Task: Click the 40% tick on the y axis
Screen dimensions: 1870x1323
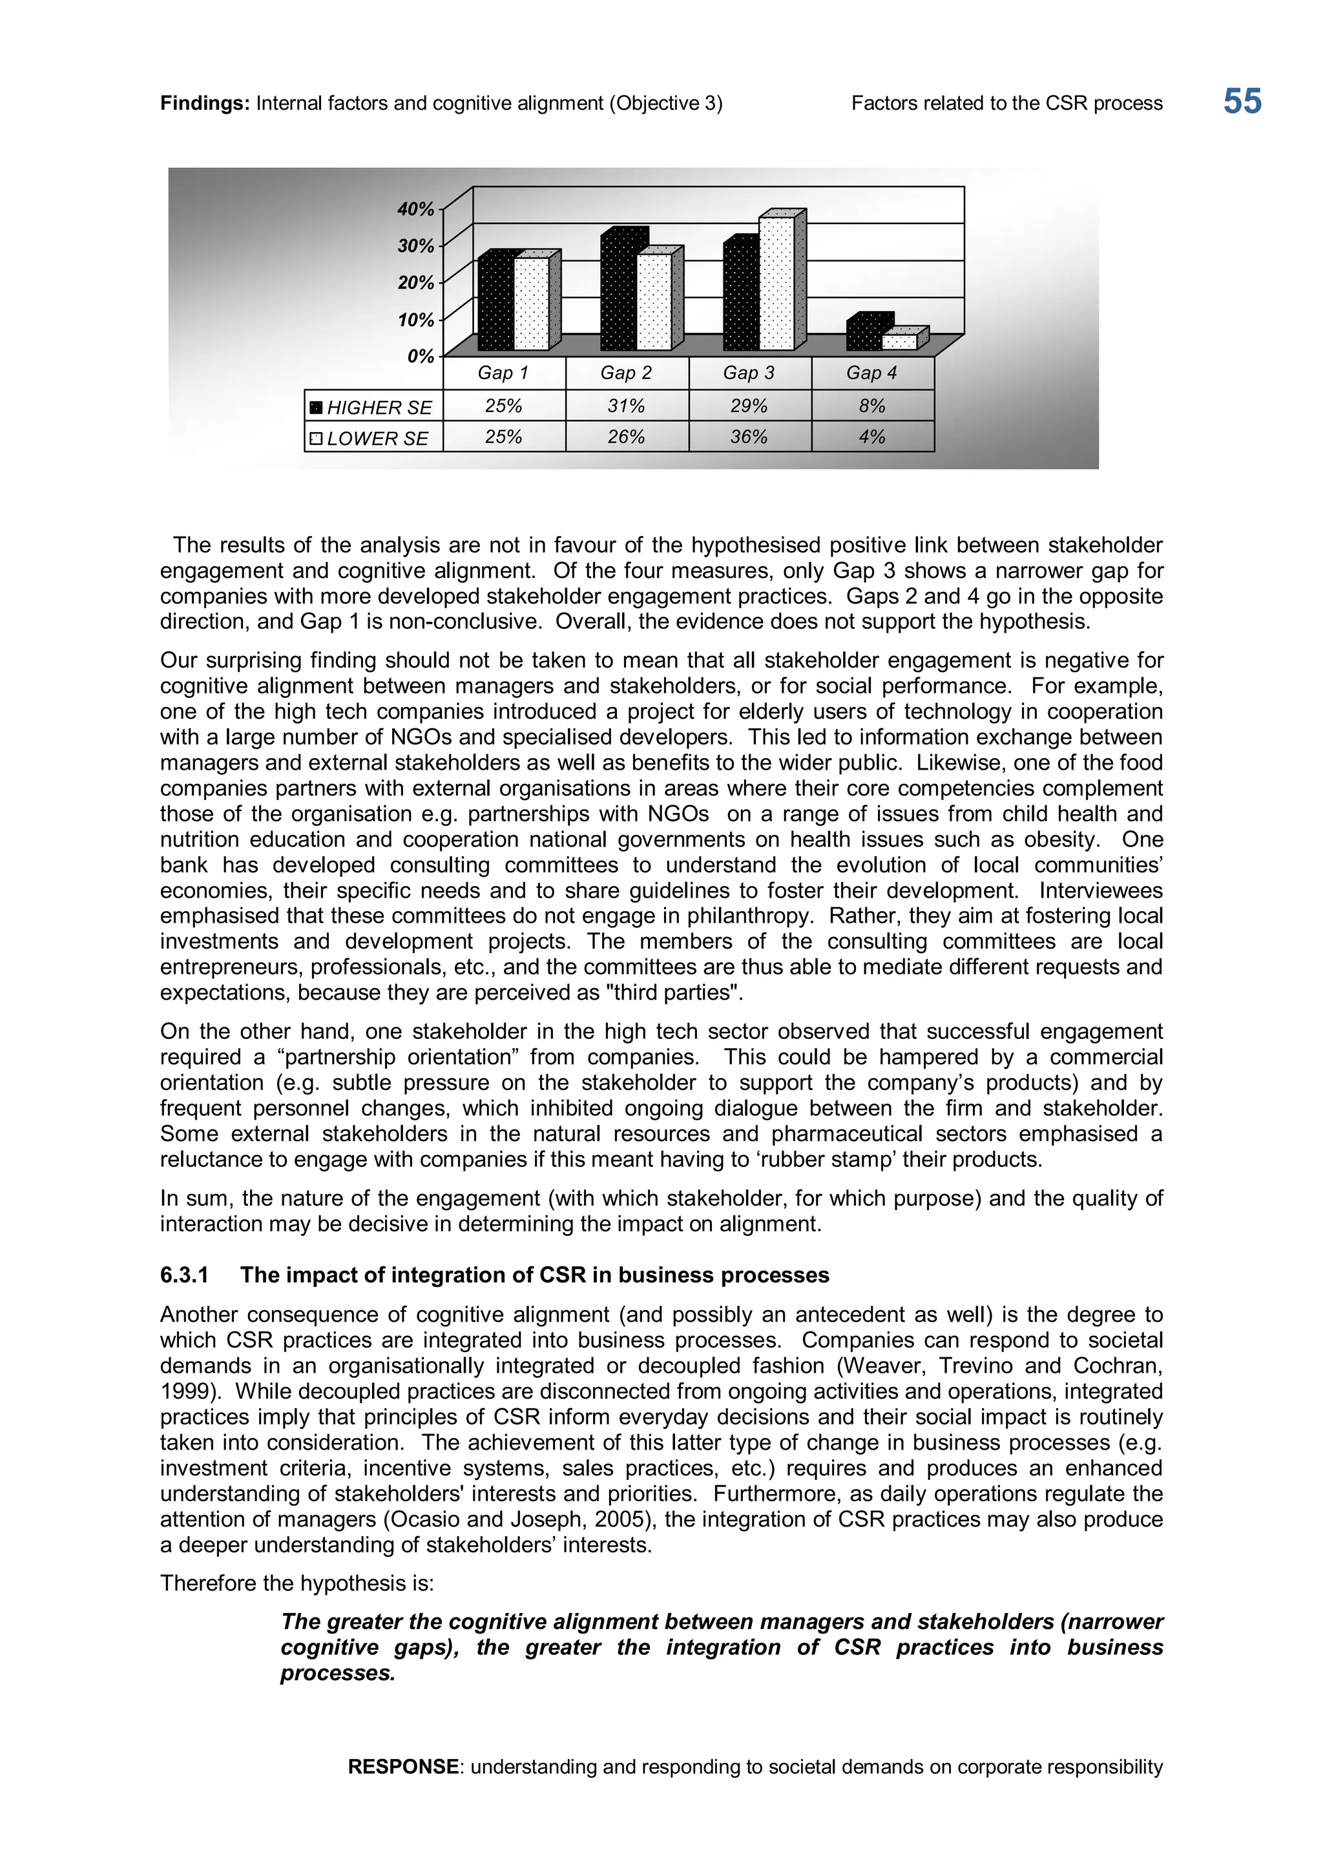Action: [x=415, y=209]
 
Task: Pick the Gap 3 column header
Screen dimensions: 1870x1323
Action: [x=749, y=373]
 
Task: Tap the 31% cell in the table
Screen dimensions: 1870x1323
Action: [x=626, y=406]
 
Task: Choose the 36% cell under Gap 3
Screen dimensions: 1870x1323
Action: [x=749, y=437]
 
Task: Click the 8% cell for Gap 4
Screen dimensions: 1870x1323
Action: [x=871, y=406]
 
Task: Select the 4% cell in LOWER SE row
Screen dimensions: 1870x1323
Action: [x=871, y=437]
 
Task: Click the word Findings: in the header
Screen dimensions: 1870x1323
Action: [x=205, y=103]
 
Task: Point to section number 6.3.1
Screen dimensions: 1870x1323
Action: [x=184, y=1275]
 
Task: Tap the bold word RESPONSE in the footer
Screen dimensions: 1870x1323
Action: [x=403, y=1767]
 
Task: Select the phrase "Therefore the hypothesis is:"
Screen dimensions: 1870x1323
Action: [x=297, y=1583]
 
